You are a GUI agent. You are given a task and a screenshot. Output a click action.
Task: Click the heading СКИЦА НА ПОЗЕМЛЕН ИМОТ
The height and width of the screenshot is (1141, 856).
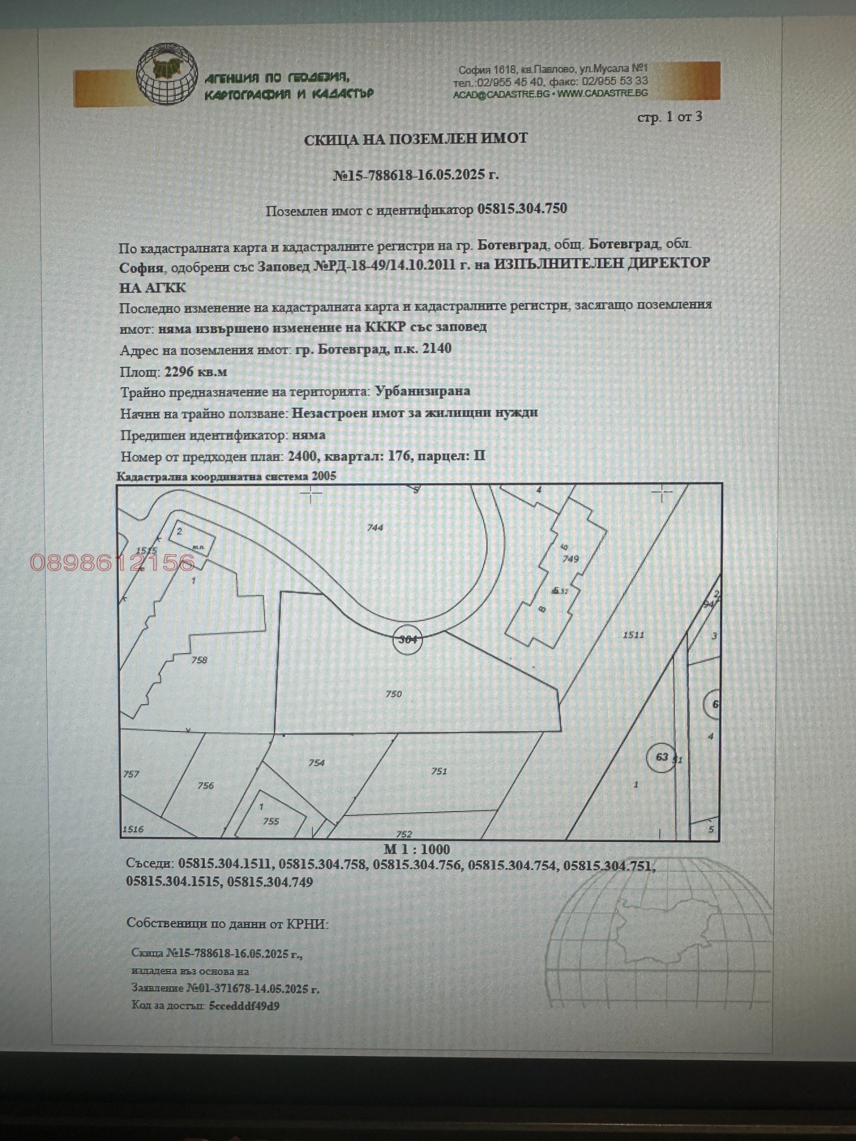tap(416, 139)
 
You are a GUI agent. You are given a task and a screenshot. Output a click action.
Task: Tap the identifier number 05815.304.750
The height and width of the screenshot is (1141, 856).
tap(522, 209)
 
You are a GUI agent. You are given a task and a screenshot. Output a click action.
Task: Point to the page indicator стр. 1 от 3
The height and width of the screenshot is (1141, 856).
tap(669, 117)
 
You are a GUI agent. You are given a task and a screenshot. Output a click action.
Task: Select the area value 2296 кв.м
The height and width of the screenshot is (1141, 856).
tap(196, 371)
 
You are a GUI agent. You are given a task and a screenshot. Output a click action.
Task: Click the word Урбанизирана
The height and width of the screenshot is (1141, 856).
tap(423, 391)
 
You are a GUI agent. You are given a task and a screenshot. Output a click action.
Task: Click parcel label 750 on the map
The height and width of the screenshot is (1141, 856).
tap(394, 694)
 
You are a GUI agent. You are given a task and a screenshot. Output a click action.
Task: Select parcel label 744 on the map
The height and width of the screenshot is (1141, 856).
tap(375, 527)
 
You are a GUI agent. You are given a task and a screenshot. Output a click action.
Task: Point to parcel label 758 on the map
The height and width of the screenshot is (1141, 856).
tap(199, 660)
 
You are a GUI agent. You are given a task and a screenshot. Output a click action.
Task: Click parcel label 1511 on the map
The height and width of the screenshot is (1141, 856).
tap(633, 635)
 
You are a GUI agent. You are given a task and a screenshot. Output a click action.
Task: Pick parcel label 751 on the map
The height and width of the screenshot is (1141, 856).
tap(439, 771)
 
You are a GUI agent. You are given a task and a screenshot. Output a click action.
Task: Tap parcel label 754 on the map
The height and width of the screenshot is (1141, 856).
tap(316, 762)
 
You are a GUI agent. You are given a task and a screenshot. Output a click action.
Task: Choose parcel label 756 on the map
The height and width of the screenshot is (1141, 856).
tap(205, 785)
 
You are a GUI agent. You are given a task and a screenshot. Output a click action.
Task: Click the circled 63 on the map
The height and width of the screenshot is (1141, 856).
tap(662, 756)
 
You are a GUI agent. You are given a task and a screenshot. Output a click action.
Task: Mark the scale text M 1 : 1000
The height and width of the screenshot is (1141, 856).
tap(417, 849)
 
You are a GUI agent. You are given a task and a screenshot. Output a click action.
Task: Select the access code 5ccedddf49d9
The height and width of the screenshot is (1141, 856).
tap(244, 1006)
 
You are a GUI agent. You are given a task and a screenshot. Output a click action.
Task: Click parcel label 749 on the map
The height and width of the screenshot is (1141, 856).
tap(571, 558)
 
